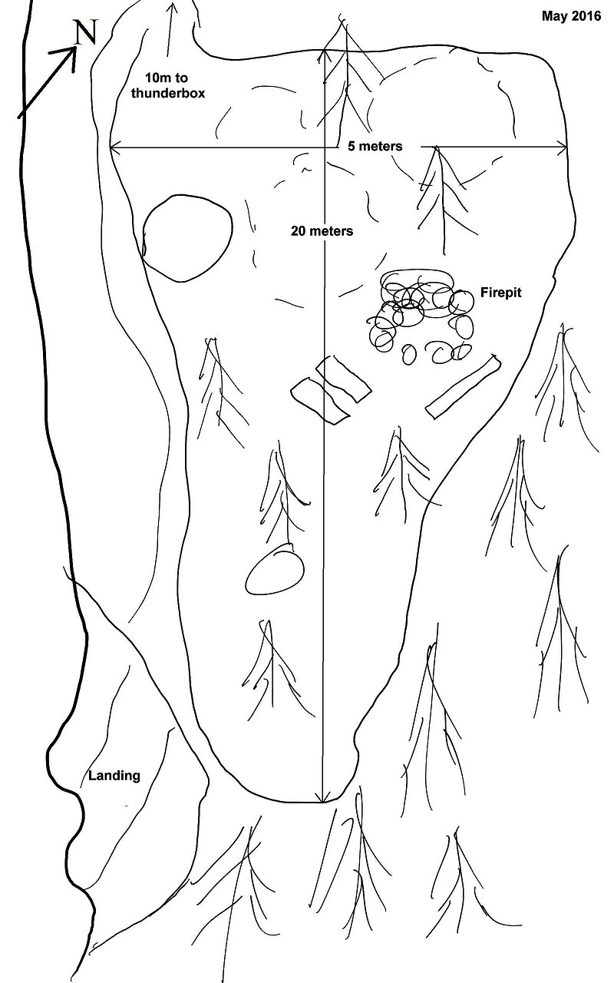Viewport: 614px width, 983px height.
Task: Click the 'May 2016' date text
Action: [x=572, y=16]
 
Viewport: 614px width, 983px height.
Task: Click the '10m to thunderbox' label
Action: [x=167, y=85]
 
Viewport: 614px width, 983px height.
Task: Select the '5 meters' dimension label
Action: [x=375, y=146]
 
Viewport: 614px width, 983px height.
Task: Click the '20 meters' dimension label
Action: [x=322, y=231]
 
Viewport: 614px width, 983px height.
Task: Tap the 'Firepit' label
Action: [x=501, y=293]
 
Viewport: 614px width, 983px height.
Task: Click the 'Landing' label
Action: [x=114, y=776]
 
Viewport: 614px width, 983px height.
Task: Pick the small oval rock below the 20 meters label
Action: [x=275, y=569]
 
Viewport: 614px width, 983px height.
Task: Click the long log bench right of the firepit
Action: [x=463, y=386]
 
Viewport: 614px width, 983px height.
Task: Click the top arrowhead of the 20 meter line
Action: [x=324, y=54]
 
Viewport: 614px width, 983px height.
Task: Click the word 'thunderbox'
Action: [x=167, y=93]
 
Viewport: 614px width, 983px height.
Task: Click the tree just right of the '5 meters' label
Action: [x=444, y=200]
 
